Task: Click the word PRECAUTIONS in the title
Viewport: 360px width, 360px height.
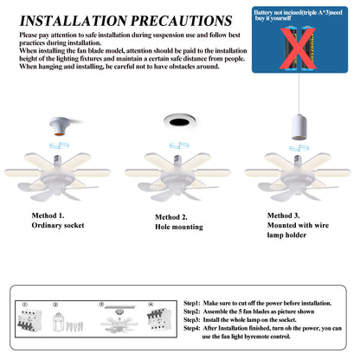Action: (x=181, y=20)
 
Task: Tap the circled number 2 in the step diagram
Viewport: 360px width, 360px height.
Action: (x=55, y=305)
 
